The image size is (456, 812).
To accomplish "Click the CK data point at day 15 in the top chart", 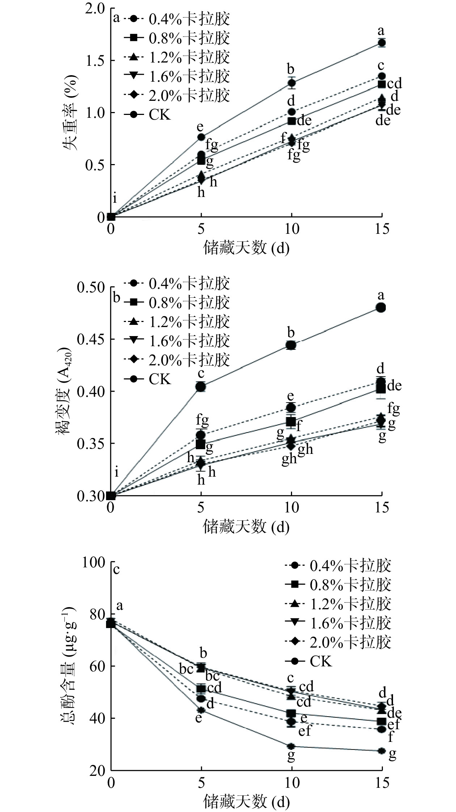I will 381,43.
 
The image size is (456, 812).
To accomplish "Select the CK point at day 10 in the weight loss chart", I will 291,83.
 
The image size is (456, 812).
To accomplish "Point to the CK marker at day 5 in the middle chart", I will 201,387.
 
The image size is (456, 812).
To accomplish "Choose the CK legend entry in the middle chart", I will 159,379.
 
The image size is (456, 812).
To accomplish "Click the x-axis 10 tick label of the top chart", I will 291,230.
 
